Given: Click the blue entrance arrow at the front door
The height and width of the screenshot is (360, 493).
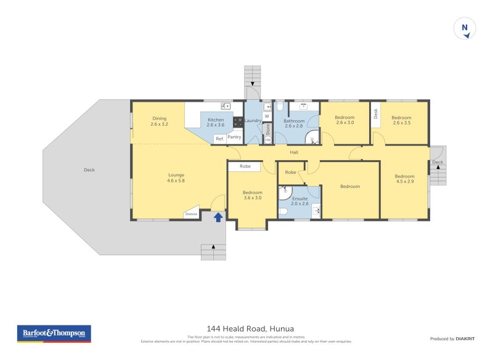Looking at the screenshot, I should coord(218,216).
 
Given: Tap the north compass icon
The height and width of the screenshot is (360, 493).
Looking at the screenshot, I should coord(465,28).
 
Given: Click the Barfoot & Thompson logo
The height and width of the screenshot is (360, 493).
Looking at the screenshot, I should coord(54,333).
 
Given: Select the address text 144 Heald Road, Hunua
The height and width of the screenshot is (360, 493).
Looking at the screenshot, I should coord(246,329).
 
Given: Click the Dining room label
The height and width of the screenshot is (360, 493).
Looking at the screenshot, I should coord(159,121).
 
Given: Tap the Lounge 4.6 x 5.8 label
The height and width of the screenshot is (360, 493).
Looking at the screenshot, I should coord(176,178).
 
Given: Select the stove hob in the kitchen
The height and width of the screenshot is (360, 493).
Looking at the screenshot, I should coord(238,122).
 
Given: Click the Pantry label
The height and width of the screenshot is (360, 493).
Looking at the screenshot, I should coord(234,137).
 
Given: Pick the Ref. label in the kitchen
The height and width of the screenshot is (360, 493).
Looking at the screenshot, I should coord(219,139).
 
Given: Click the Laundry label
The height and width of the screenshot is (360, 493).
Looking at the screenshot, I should coord(253,121).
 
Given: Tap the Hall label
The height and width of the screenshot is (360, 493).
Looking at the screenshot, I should coord(295,152).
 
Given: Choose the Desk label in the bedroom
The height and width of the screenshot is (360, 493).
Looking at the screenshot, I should coord(375,113).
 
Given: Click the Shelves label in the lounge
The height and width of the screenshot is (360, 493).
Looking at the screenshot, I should coord(190,215).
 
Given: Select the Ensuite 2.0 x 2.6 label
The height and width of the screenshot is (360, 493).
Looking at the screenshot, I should coord(300,202).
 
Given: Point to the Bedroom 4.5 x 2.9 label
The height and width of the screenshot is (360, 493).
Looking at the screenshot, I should coord(405,179).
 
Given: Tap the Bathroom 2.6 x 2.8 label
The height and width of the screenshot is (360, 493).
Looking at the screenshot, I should coord(294,124).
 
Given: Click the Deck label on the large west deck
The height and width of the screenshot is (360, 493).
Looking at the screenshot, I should coord(89,170).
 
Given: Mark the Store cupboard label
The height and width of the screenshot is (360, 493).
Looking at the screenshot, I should coord(268,130).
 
